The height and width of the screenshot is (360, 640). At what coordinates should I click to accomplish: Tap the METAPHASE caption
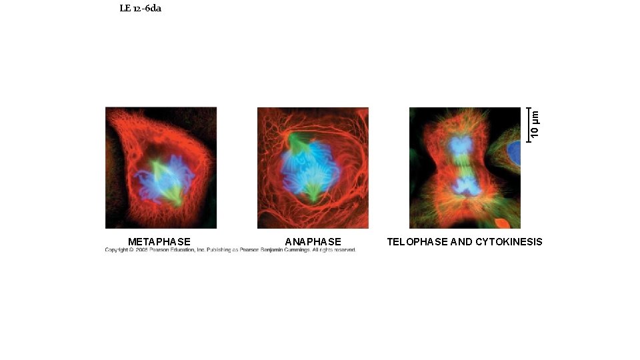point(159,241)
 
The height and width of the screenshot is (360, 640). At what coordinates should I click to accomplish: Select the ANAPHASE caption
point(313,241)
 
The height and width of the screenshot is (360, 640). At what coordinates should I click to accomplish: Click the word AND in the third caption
point(461,241)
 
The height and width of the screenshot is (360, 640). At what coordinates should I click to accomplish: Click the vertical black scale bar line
point(527,124)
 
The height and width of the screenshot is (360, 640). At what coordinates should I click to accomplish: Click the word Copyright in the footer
point(116,250)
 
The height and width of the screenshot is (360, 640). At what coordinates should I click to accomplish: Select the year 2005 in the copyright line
point(142,250)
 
